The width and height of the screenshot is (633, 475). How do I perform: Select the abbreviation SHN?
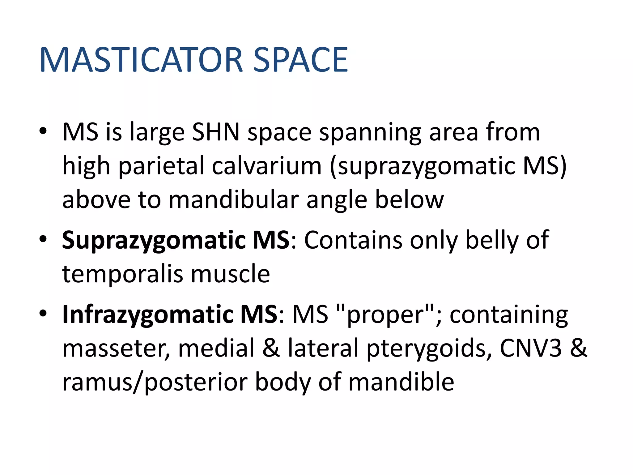[x=216, y=132]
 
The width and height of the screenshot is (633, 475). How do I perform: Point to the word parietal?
[x=161, y=166]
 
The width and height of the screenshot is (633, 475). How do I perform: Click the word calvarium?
[x=267, y=166]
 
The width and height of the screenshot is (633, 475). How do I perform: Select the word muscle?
[x=230, y=274]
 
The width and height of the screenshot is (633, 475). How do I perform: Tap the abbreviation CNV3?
[x=531, y=349]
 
